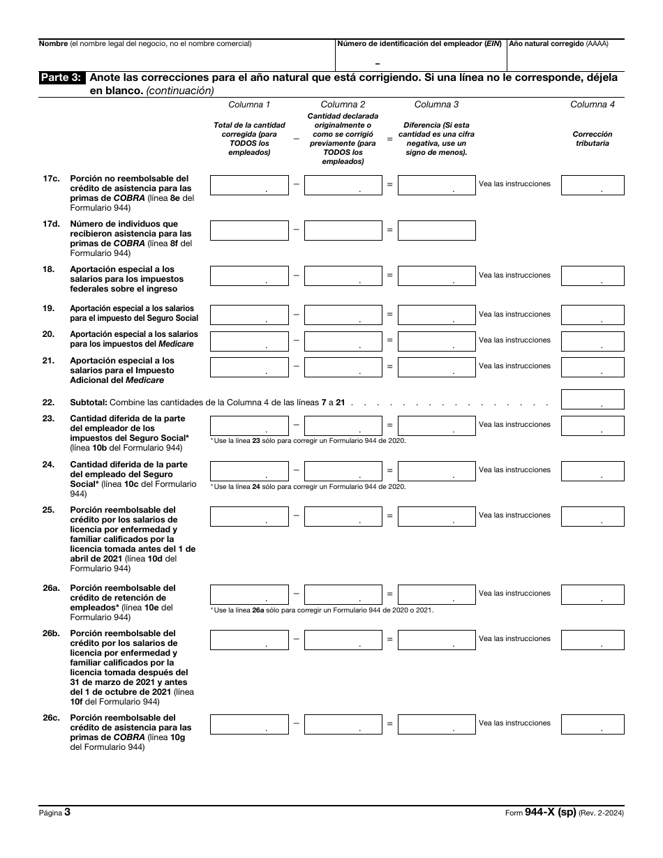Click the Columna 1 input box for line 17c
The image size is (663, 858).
point(249,185)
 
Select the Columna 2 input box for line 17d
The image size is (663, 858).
point(343,230)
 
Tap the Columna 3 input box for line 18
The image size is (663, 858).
point(436,276)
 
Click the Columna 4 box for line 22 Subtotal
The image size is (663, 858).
point(593,399)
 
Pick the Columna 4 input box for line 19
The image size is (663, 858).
point(593,315)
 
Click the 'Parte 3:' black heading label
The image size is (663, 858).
point(63,78)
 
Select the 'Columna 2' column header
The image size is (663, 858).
point(343,105)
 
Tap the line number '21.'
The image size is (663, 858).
point(48,361)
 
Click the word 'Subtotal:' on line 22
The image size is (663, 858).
point(89,402)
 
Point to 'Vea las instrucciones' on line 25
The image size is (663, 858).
point(514,515)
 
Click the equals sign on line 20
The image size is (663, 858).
point(389,340)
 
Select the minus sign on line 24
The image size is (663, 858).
point(297,470)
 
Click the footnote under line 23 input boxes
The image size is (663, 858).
point(308,441)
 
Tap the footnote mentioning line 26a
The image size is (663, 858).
point(322,610)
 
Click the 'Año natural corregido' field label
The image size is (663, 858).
point(558,44)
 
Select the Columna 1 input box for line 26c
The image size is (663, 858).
point(249,724)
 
